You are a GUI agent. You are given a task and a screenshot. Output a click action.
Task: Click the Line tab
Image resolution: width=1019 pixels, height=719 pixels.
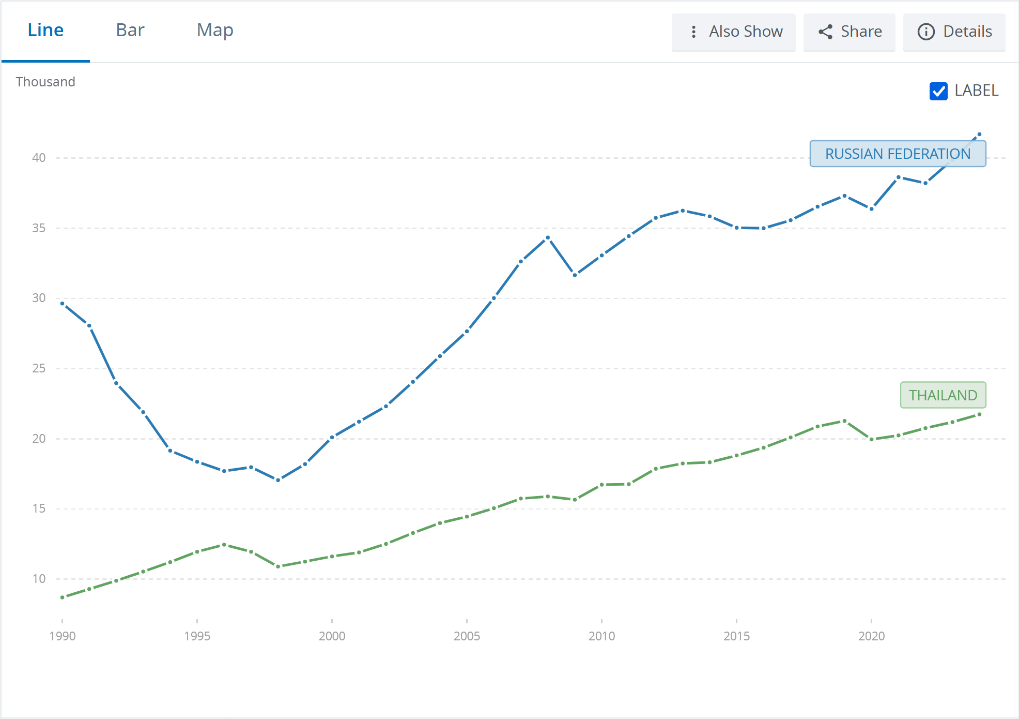[45, 31]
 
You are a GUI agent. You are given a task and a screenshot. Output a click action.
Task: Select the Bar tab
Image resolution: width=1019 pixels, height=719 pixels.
[130, 31]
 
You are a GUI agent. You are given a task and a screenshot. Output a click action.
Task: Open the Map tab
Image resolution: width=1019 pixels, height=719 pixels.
[215, 31]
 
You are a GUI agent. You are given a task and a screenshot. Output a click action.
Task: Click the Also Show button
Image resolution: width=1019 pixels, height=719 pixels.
[734, 32]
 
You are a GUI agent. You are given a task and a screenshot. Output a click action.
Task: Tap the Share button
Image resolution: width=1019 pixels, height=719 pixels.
[850, 32]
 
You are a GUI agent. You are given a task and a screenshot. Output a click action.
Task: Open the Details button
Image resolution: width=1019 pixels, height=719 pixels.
[954, 32]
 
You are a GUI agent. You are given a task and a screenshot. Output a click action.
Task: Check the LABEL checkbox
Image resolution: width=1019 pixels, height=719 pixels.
[938, 91]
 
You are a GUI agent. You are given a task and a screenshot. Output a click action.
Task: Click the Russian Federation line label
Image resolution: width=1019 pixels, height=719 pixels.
[898, 154]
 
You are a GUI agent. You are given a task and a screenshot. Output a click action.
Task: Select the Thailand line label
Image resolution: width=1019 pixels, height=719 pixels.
[943, 395]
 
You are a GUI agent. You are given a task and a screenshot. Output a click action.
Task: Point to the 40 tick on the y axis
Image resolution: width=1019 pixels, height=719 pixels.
[39, 158]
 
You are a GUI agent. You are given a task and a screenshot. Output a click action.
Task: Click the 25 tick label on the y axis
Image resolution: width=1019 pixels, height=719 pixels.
[39, 368]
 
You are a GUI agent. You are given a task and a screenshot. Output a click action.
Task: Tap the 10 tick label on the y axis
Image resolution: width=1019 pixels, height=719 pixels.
[39, 579]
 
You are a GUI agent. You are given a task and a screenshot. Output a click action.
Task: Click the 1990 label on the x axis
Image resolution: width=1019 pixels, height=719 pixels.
[63, 636]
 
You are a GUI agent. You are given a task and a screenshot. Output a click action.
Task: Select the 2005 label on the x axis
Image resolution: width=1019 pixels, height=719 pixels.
[467, 636]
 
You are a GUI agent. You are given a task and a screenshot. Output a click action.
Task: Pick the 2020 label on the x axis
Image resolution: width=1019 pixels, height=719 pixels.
[872, 636]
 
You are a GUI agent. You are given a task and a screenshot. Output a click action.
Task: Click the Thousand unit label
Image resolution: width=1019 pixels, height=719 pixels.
[45, 82]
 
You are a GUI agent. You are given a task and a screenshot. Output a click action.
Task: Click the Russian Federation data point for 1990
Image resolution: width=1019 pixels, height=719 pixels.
[63, 304]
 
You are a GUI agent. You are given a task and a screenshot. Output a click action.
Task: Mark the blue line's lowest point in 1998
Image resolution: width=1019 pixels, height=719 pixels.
[278, 480]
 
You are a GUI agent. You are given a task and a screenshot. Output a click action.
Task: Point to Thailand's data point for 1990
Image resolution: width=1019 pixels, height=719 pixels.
[63, 597]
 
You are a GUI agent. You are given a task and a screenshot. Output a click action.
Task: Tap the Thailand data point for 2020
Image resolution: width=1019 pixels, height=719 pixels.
[872, 440]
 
